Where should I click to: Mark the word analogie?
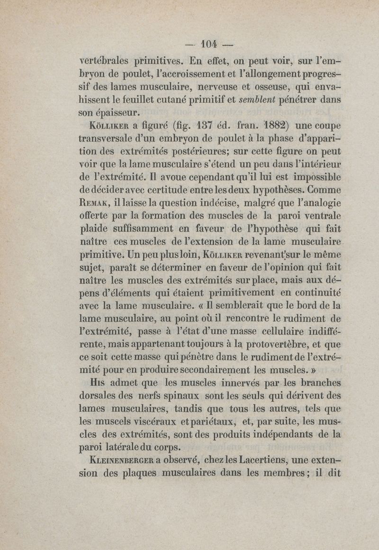[x=319, y=204]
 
